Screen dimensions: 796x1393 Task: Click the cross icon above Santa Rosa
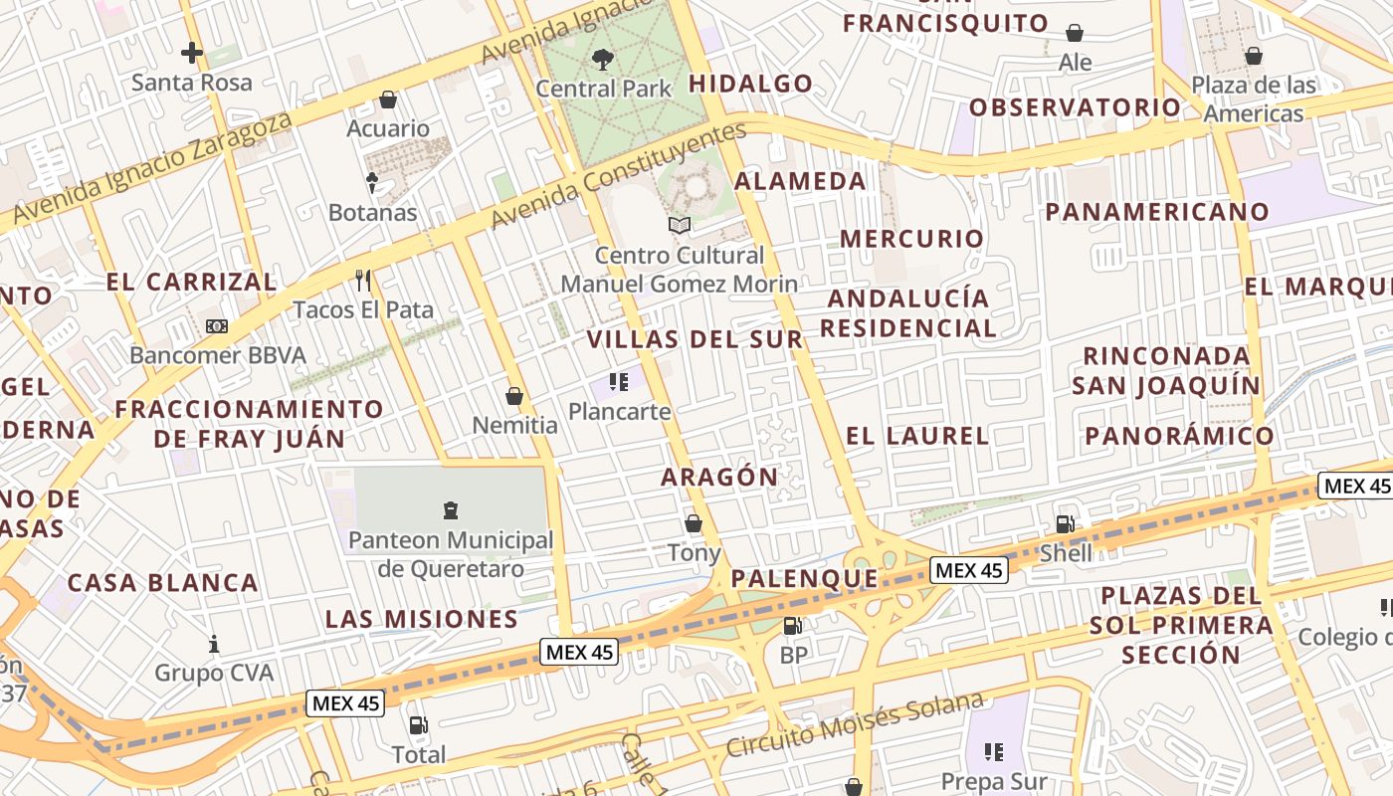tap(192, 53)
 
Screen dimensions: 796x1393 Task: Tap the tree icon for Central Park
tap(602, 59)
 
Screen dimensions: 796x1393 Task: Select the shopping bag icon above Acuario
tap(388, 99)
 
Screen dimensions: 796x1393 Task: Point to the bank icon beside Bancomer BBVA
tap(217, 326)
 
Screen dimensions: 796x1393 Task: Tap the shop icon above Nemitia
tap(514, 396)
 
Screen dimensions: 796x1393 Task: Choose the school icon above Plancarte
tap(619, 382)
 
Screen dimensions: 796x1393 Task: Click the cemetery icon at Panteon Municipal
tap(450, 511)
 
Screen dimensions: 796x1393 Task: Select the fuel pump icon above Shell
tap(1065, 524)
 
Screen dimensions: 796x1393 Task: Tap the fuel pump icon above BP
tap(793, 626)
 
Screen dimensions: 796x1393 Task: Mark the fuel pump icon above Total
tap(419, 725)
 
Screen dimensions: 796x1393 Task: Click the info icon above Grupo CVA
tap(213, 644)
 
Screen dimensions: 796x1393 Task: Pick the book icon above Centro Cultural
tap(680, 226)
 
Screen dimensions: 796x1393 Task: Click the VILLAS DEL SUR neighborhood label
tap(695, 339)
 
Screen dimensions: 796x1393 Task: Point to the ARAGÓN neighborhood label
tap(719, 477)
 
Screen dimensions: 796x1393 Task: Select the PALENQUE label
tap(805, 579)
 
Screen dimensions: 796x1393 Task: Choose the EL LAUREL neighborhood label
tap(917, 436)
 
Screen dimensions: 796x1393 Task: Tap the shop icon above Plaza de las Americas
tap(1254, 56)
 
